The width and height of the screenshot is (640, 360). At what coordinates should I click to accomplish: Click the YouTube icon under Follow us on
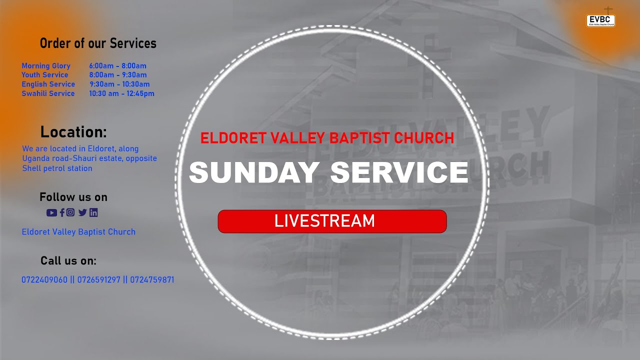click(51, 212)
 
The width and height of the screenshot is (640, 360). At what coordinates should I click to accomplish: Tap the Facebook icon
click(62, 212)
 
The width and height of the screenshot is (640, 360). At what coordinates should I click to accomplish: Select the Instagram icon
click(70, 212)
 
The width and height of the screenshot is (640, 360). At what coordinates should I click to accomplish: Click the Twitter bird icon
click(82, 212)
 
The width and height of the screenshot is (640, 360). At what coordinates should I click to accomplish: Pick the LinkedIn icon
click(93, 212)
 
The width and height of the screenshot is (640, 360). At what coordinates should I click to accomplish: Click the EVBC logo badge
click(600, 20)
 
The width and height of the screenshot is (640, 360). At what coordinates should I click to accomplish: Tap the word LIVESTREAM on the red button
click(324, 221)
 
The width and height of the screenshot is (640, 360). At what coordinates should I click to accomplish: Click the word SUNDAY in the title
click(254, 172)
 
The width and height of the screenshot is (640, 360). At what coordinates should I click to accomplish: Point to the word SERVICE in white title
click(399, 172)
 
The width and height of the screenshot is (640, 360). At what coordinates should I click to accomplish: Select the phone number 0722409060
click(44, 280)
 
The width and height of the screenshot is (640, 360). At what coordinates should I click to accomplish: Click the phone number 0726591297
click(98, 280)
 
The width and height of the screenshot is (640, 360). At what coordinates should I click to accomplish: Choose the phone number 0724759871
click(152, 280)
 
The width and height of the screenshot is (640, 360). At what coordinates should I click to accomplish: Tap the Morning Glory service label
click(46, 66)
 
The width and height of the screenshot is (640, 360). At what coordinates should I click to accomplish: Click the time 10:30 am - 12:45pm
click(121, 93)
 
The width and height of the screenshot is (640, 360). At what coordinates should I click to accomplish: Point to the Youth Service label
click(44, 75)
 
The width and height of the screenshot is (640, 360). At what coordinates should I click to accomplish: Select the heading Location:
click(73, 132)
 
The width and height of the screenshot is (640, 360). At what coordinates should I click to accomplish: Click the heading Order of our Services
click(98, 43)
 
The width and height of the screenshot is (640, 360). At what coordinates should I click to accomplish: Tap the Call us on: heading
click(68, 261)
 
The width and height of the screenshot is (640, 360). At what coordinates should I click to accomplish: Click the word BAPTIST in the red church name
click(359, 138)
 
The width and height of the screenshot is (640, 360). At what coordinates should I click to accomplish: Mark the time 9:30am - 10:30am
click(119, 84)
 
